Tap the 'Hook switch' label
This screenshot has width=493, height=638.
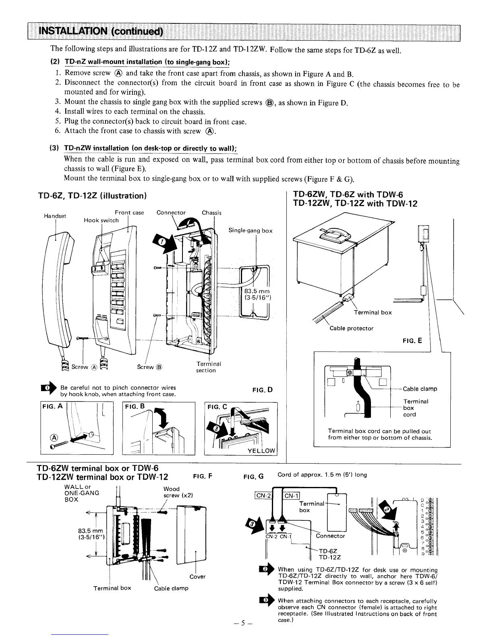pyautogui.click(x=101, y=220)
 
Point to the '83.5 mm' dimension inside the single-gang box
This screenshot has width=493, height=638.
pyautogui.click(x=256, y=292)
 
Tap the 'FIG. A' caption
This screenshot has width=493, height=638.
pyautogui.click(x=53, y=406)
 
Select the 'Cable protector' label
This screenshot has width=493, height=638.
pyautogui.click(x=351, y=328)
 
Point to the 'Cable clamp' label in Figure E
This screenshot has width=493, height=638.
pyautogui.click(x=420, y=389)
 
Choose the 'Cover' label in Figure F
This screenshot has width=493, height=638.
pyautogui.click(x=197, y=576)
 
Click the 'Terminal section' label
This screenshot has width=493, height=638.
pyautogui.click(x=205, y=367)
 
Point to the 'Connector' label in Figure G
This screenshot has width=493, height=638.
pyautogui.click(x=330, y=536)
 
